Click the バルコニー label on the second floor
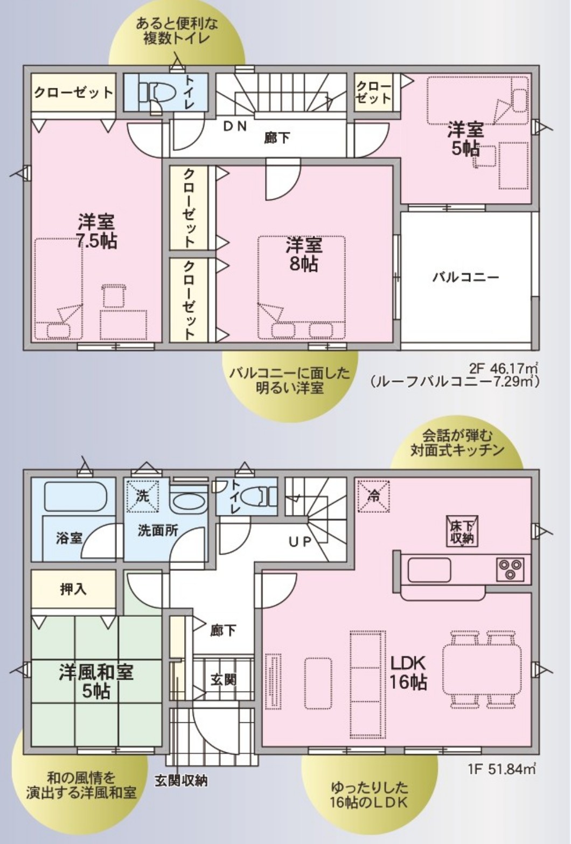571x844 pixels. [x=465, y=278]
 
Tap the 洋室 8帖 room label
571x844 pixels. [x=304, y=255]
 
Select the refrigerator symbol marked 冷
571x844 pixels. [x=373, y=496]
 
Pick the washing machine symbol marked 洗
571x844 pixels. [x=142, y=496]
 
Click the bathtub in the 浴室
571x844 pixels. [x=74, y=496]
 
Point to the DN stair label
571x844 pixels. [x=235, y=126]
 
